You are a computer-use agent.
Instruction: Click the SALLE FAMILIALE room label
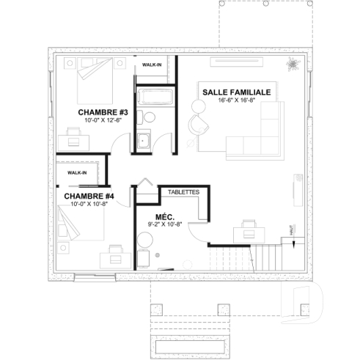click(237, 92)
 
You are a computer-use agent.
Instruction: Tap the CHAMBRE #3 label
click(103, 111)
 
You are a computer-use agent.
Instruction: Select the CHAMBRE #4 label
click(89, 196)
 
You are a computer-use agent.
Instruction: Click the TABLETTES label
click(183, 192)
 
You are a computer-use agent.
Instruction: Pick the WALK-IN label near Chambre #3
click(153, 65)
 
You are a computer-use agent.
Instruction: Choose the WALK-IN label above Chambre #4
click(77, 172)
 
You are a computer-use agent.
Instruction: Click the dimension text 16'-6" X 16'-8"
click(236, 100)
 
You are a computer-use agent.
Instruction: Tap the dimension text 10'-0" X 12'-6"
click(103, 120)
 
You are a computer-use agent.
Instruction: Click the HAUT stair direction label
click(293, 229)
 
